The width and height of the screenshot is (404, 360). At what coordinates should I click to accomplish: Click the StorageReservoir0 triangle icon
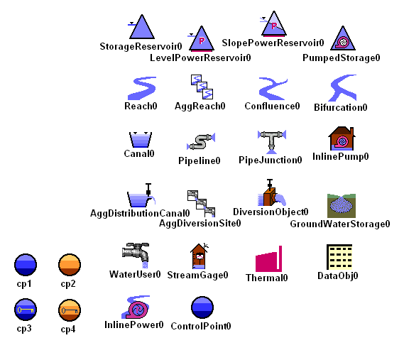(141, 28)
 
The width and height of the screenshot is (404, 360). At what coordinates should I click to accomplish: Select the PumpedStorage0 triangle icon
(343, 38)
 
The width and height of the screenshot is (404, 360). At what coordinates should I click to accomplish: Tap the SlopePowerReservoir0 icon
(273, 23)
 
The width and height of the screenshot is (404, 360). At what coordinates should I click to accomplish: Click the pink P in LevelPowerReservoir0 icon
(202, 40)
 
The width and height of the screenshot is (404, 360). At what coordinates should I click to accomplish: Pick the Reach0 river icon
(142, 88)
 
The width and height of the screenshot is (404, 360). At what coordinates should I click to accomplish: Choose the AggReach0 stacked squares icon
(202, 87)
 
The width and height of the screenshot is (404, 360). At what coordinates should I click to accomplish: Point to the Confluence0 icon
(273, 88)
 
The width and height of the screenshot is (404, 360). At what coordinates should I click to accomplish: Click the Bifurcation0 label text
(341, 107)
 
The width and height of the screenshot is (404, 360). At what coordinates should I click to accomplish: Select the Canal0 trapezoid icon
(141, 140)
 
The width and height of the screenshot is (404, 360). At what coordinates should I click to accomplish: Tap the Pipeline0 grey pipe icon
(201, 141)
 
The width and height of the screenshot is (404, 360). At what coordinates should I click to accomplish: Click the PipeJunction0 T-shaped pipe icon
(272, 141)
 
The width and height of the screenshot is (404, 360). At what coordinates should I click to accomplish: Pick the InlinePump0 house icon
(342, 138)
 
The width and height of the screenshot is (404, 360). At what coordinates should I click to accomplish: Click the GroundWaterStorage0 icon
(342, 206)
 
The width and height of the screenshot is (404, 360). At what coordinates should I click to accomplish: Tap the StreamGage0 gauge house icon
(200, 256)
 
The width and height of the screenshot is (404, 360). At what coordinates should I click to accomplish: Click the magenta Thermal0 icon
(268, 259)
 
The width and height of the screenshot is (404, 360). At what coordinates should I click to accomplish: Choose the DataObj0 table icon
(339, 257)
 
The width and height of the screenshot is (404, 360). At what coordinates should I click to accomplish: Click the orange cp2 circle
(70, 265)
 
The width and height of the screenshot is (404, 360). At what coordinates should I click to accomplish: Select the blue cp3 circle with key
(26, 310)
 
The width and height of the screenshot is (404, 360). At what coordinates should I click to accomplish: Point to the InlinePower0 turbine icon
(136, 307)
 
